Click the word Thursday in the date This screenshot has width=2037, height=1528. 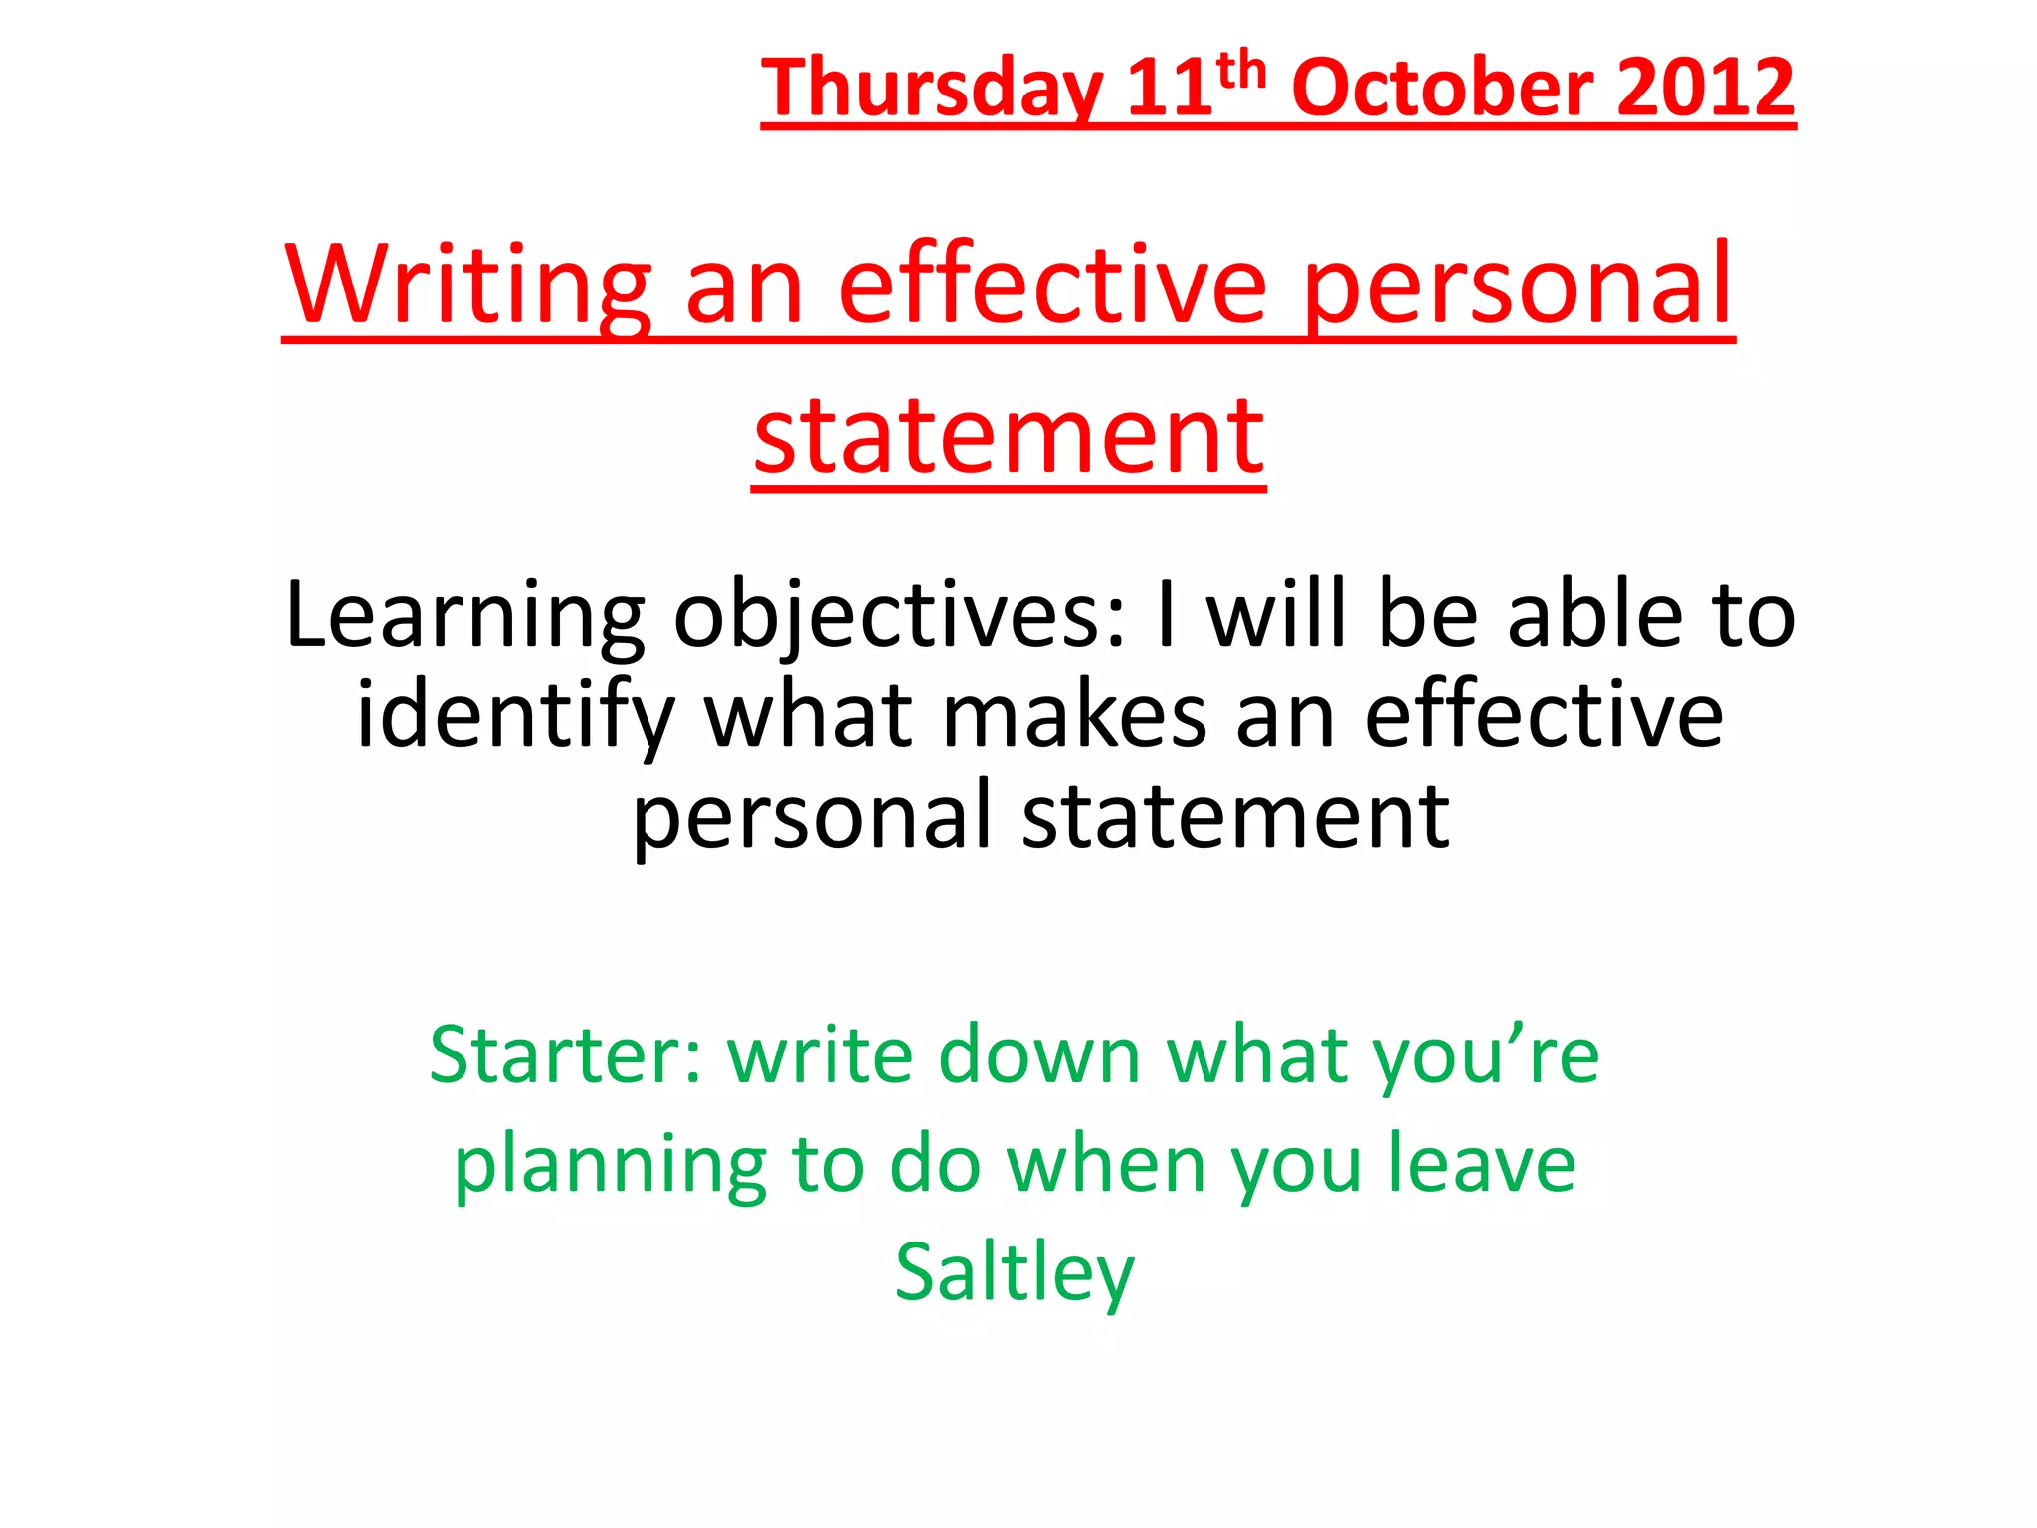[932, 90]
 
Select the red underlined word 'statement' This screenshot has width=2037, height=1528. [1009, 435]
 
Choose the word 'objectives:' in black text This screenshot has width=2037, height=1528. [901, 617]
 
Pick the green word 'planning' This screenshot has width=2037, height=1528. [610, 1166]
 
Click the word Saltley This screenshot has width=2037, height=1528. [1014, 1273]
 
